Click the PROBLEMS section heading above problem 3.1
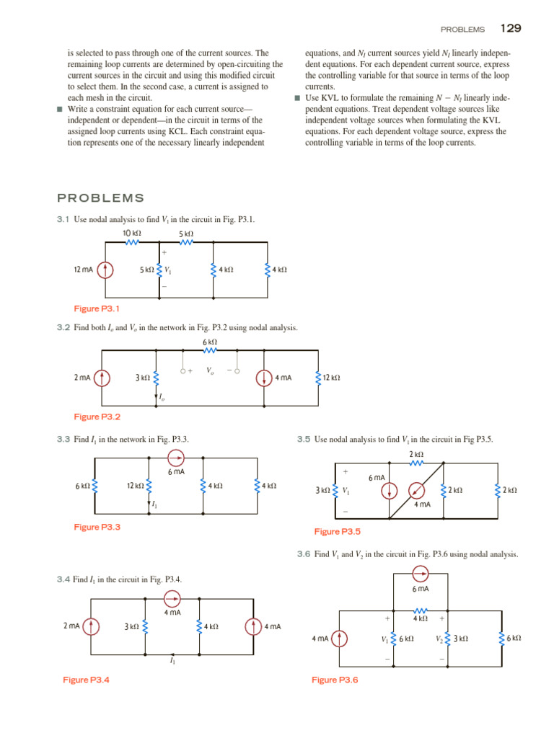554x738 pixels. [100, 198]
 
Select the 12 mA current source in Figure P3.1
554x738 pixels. [105, 270]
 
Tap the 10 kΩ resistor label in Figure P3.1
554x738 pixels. [132, 234]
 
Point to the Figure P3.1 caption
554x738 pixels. [97, 308]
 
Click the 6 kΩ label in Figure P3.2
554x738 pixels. [210, 342]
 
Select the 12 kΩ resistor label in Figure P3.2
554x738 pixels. [331, 377]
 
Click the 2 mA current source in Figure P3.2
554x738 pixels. [102, 376]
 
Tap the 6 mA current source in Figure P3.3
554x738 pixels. [175, 457]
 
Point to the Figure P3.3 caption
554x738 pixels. [97, 527]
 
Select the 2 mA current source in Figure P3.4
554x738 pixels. [91, 626]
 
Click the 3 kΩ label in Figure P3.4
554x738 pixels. [131, 627]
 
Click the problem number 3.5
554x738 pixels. [303, 439]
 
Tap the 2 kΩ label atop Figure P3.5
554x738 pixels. [415, 454]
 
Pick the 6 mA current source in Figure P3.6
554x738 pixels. [421, 574]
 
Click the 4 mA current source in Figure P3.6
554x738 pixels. [339, 638]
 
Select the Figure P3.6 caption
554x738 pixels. [335, 680]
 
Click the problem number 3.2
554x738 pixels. [63, 327]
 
